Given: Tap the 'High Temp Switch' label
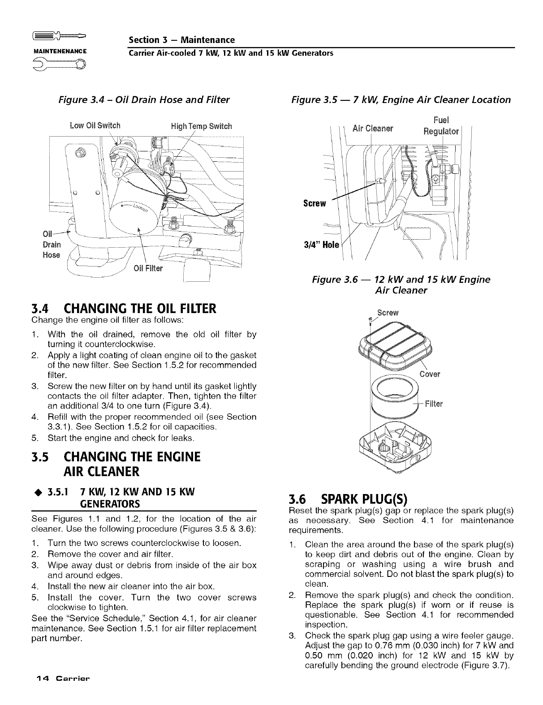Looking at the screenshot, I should click(x=202, y=125).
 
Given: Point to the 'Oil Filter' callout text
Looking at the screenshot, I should click(x=149, y=269).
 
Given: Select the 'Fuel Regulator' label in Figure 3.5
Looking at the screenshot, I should click(x=441, y=126).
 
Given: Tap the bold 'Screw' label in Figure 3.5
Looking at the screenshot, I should click(x=314, y=203).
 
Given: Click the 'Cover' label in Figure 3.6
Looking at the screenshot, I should click(x=430, y=374).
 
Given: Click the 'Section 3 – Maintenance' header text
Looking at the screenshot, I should click(x=181, y=40).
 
